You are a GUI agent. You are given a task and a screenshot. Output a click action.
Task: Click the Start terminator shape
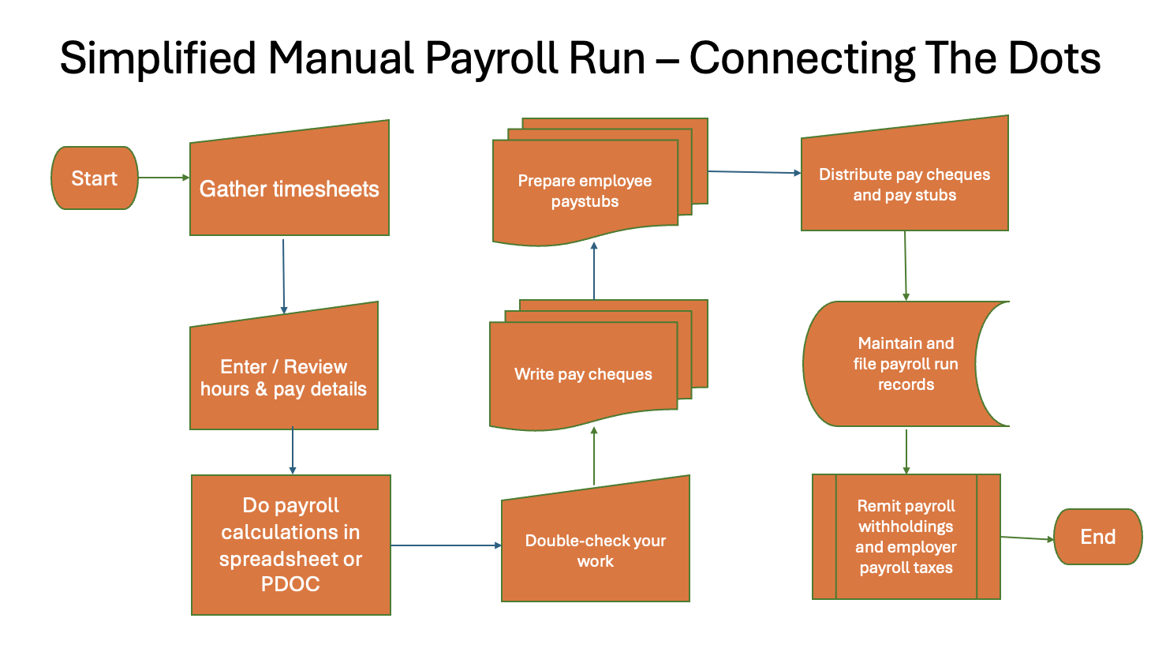point(95,178)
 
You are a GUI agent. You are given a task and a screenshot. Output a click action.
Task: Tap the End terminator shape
point(1097,537)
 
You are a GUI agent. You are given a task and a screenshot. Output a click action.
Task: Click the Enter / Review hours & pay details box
point(283,377)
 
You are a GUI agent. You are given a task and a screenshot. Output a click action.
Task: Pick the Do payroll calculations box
point(290,545)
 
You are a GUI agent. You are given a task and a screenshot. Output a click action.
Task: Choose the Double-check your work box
point(596,550)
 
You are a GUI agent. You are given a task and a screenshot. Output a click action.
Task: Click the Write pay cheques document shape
point(583,374)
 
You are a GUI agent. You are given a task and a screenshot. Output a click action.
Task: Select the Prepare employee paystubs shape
point(585,191)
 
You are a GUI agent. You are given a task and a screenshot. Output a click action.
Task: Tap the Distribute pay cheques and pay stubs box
point(904,185)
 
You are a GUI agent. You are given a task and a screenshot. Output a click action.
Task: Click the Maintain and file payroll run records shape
point(905,364)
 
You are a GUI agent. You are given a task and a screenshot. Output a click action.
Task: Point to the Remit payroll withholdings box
point(906,537)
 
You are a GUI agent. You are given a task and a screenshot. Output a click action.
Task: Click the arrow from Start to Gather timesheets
point(163,178)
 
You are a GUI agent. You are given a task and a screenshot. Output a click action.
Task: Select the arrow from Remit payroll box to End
point(1027,538)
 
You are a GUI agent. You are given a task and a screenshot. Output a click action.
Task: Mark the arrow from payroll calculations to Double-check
point(446,545)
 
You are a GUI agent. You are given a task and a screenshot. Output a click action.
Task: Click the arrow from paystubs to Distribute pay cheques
point(754,172)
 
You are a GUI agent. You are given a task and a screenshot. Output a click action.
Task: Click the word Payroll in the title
point(536,58)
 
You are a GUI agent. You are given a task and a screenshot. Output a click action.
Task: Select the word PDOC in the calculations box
point(290,584)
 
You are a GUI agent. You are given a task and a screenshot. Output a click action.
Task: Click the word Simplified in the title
point(158,58)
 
